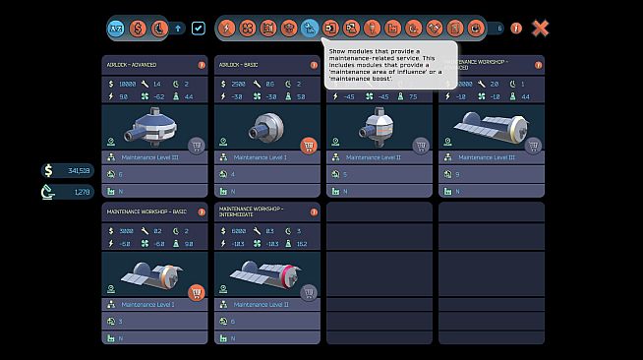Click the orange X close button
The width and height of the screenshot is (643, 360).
coord(540,28)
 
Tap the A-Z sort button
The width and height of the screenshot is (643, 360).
coord(116,28)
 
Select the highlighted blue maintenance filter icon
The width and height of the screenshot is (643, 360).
coord(311,28)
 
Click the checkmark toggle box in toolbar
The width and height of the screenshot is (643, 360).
coord(199,28)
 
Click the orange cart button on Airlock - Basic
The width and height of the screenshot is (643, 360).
coord(309,146)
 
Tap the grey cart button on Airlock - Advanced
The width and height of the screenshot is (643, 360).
coord(196,146)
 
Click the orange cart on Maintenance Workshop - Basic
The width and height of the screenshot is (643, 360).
coord(196,292)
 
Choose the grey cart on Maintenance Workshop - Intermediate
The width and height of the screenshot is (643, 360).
coord(309,292)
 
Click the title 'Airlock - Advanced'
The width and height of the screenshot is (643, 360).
coord(131,65)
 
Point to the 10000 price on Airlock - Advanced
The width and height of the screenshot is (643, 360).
coord(129,85)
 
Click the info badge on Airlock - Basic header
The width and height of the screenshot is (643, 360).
coord(314,65)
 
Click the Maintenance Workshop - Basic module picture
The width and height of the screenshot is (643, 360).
coord(147,275)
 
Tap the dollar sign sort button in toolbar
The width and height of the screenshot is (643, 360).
coord(137,28)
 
